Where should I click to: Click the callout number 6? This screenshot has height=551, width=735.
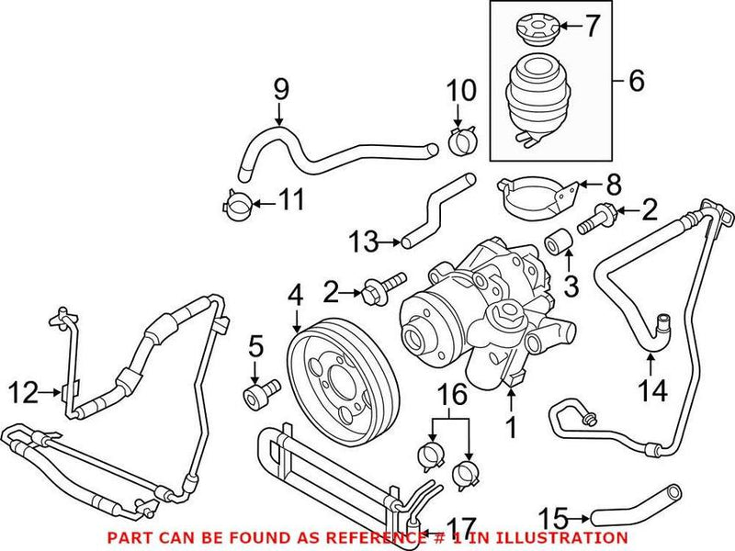click(636, 82)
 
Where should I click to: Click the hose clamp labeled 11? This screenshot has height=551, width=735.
click(238, 204)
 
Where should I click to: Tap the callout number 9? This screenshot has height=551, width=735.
click(281, 89)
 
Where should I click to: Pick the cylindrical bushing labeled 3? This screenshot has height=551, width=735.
click(560, 244)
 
